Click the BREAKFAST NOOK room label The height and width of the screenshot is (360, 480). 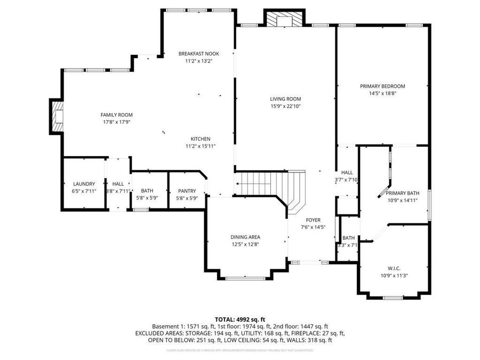[x=198, y=53]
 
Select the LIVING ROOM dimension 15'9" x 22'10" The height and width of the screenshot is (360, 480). [x=285, y=106]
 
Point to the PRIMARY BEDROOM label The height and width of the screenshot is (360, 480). [x=382, y=86]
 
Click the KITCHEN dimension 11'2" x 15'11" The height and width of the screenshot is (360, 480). [x=201, y=146]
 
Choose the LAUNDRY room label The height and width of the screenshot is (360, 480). [x=84, y=183]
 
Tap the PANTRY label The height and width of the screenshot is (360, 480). [x=187, y=191]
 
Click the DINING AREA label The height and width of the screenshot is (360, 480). [x=245, y=237]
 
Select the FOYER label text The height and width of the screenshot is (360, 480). [x=313, y=220]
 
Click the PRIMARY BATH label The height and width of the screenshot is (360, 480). [x=402, y=194]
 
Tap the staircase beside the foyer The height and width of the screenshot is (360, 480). [x=272, y=185]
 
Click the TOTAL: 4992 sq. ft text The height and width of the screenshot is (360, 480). [x=239, y=319]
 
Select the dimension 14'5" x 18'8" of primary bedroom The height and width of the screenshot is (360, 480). [x=382, y=93]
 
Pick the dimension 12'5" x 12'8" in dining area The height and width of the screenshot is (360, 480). [x=245, y=244]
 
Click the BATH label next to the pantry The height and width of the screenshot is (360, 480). [x=147, y=191]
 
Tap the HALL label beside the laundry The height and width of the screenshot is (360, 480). [x=118, y=183]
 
